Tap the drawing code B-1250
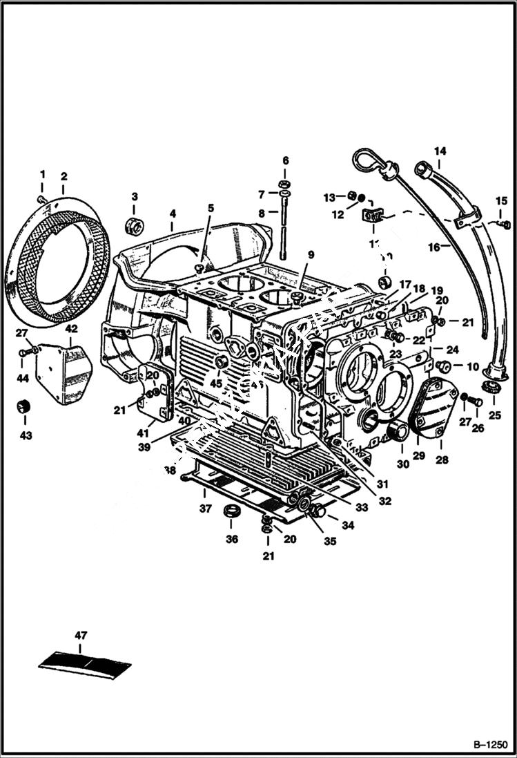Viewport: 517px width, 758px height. pos(491,746)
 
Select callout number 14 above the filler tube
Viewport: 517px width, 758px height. pos(440,151)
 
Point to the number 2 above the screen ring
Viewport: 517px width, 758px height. pos(64,176)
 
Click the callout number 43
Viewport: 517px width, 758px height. pos(26,436)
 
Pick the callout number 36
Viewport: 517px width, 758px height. pos(232,539)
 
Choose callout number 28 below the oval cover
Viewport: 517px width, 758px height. pos(440,459)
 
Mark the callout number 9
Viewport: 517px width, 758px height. pos(311,255)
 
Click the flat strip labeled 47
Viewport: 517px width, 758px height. pos(84,662)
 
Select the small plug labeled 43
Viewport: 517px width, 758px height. pos(26,407)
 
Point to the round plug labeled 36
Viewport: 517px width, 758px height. pos(231,513)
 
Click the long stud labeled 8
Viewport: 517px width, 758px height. pos(283,231)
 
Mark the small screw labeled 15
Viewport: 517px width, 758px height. pos(505,223)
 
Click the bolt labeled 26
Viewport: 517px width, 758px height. pos(475,400)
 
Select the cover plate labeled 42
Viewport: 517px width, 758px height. pos(64,373)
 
